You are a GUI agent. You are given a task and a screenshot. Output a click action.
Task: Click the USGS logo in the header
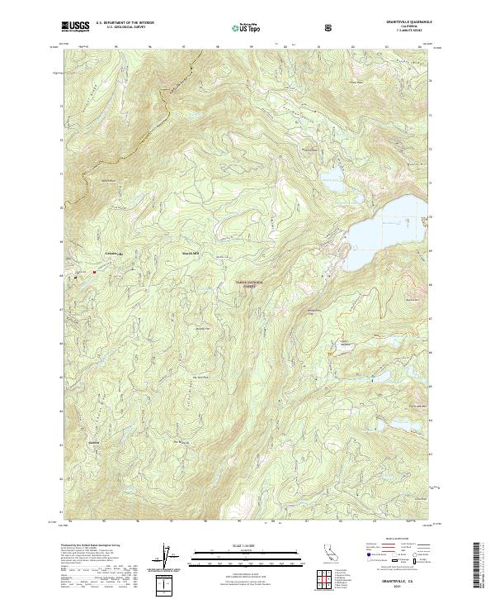pos(75,26)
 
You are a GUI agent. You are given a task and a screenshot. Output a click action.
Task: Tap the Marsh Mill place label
pos(191,253)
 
